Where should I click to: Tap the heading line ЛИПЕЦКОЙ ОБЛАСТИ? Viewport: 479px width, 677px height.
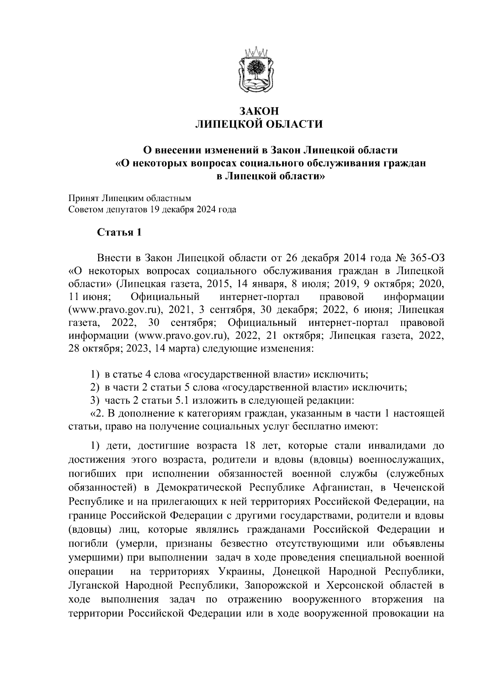pos(257,125)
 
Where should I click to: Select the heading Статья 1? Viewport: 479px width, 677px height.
pos(119,233)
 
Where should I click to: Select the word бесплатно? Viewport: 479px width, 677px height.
pos(306,426)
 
